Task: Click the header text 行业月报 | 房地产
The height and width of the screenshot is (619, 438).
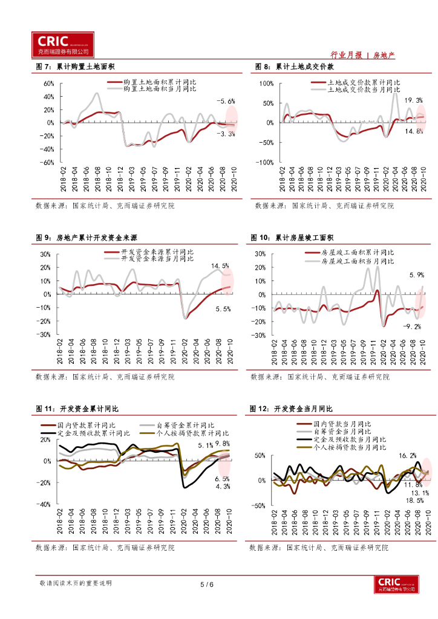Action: point(364,55)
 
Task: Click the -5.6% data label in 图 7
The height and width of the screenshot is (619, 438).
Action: point(226,101)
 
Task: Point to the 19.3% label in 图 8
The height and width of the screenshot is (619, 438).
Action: point(414,100)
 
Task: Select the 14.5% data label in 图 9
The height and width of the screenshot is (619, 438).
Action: point(220,266)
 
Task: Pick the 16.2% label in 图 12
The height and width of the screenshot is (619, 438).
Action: point(407,456)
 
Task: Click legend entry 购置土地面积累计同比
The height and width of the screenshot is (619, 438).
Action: point(159,82)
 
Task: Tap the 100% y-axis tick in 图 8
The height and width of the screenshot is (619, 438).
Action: point(267,83)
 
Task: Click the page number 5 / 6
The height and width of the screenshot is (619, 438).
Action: point(207,584)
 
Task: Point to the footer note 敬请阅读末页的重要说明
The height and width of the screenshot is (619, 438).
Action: point(76,583)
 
